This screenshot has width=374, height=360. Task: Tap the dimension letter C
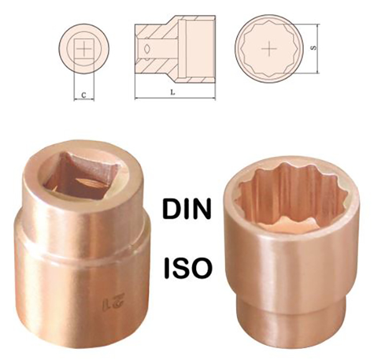coord(84,96)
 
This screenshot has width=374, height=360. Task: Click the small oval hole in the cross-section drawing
coord(145,48)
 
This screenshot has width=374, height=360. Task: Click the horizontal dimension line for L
coord(174,98)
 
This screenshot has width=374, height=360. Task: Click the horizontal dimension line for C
coord(84,90)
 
